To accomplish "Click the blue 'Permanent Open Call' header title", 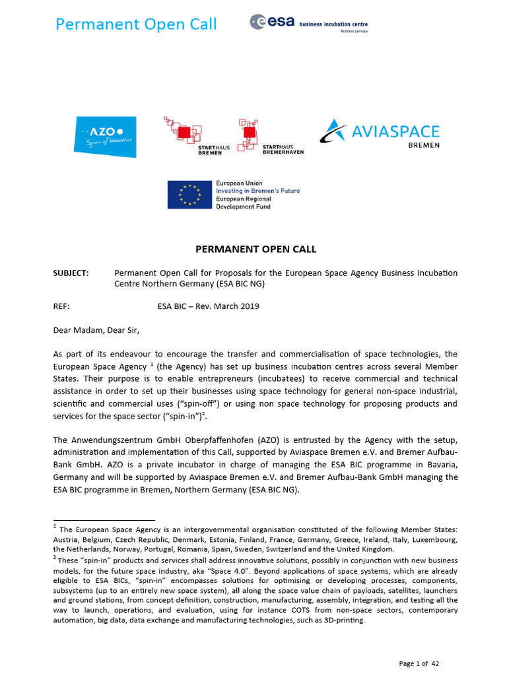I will (136, 25).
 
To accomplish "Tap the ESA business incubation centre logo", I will (308, 23).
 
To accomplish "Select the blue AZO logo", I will (106, 137).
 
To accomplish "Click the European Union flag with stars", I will (189, 195).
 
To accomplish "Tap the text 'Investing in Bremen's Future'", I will (257, 191).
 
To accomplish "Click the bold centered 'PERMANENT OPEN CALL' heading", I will (255, 250).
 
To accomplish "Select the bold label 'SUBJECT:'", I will (71, 273).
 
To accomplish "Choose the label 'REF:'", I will (61, 306).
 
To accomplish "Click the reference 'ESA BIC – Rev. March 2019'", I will (208, 306).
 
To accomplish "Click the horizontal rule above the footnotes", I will (103, 520).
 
